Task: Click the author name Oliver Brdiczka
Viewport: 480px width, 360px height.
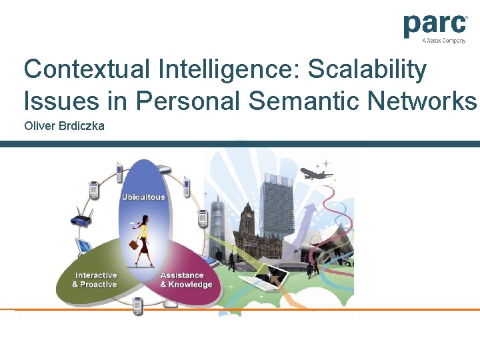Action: pos(64,125)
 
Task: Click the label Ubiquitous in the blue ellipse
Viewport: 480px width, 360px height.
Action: pos(143,197)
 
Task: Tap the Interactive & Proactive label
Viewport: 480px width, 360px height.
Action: pos(95,280)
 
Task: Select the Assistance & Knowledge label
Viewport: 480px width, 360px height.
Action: pos(185,280)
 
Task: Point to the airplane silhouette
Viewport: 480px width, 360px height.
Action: pos(316,174)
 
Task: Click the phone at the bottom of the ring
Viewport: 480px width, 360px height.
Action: pos(137,306)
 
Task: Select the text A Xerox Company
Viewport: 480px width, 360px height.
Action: pos(443,41)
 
